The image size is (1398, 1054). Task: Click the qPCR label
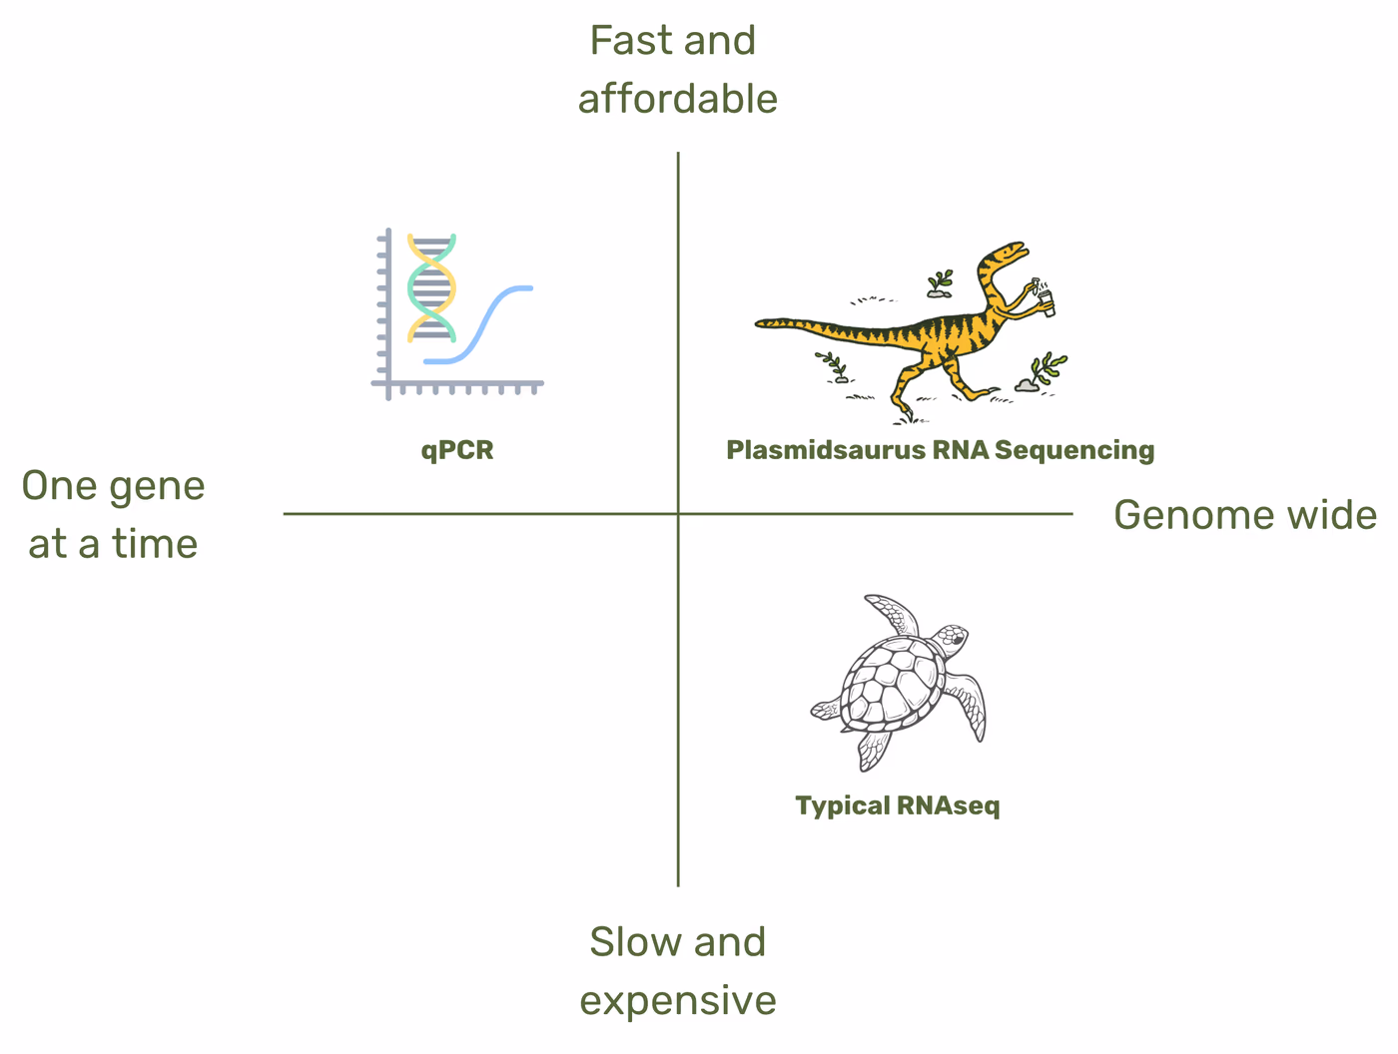click(457, 450)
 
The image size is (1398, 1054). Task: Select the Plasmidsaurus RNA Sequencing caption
click(940, 450)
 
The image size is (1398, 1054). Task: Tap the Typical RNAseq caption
click(897, 805)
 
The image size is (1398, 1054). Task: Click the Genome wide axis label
click(1244, 515)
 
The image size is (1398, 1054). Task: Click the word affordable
click(677, 99)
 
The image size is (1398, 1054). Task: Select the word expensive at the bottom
click(677, 1000)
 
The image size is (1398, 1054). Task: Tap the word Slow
click(628, 942)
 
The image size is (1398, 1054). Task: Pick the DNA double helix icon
click(431, 287)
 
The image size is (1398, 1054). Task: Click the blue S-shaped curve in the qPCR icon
click(489, 319)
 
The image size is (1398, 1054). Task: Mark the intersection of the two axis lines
click(678, 514)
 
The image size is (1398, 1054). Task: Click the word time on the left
click(155, 544)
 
